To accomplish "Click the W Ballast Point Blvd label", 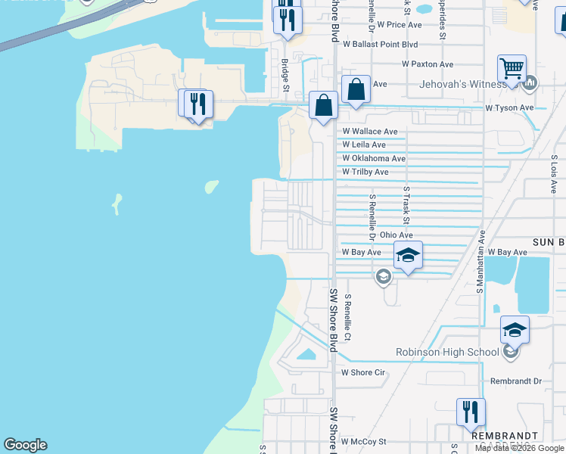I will pyautogui.click(x=379, y=45).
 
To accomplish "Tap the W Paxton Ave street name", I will pyautogui.click(x=428, y=64).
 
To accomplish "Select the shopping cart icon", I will pyautogui.click(x=512, y=70).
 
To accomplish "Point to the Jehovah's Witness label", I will pyautogui.click(x=463, y=83).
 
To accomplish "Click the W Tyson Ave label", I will pyautogui.click(x=509, y=108).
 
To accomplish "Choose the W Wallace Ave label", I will pyautogui.click(x=369, y=132).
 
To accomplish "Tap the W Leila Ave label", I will pyautogui.click(x=363, y=145).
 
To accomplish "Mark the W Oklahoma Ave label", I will pyautogui.click(x=374, y=158).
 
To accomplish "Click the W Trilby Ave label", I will pyautogui.click(x=365, y=172).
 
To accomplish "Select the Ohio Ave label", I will pyautogui.click(x=396, y=235).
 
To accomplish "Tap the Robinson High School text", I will pyautogui.click(x=447, y=352).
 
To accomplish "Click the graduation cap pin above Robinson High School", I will pyautogui.click(x=515, y=329).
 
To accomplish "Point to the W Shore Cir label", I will pyautogui.click(x=363, y=372).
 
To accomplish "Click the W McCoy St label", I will pyautogui.click(x=363, y=441).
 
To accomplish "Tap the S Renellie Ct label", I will pyautogui.click(x=348, y=317).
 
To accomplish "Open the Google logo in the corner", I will pyautogui.click(x=25, y=445).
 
